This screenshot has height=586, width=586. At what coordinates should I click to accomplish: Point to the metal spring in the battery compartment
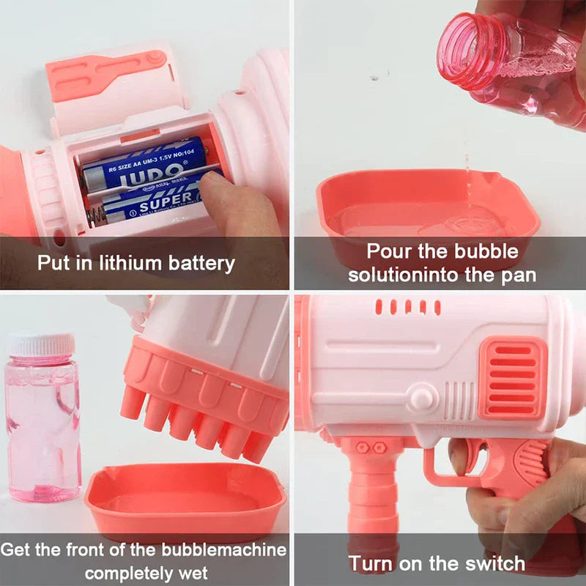pos(94,215)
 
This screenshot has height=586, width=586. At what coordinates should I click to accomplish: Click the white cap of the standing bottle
pos(41,344)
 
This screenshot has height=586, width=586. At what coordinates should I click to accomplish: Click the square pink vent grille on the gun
pos(513,378)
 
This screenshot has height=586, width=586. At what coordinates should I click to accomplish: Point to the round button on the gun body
pos(420,399)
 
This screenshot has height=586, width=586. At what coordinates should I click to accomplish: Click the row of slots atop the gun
pos(407,306)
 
